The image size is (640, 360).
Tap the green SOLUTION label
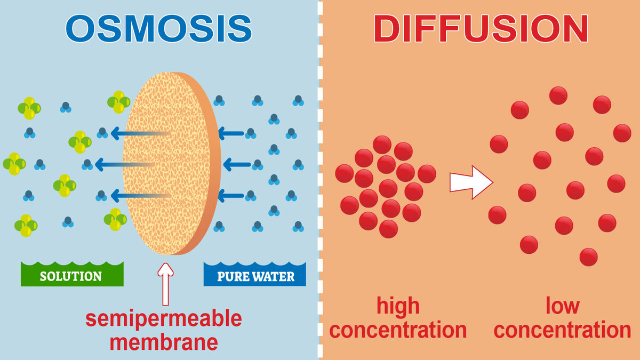(x=71, y=276)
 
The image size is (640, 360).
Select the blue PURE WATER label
(x=255, y=276)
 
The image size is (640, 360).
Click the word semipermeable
(x=164, y=318)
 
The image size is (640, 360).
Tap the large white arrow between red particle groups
(x=470, y=183)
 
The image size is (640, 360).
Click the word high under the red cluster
(x=398, y=306)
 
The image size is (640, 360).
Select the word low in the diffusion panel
(x=562, y=306)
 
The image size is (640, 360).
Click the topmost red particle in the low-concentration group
(x=558, y=95)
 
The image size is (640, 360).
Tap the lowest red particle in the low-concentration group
(x=588, y=257)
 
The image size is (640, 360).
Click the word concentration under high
(x=398, y=330)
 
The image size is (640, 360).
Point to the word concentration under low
(x=562, y=330)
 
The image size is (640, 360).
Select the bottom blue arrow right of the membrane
(x=231, y=196)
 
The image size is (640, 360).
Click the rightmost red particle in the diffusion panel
(x=622, y=133)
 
